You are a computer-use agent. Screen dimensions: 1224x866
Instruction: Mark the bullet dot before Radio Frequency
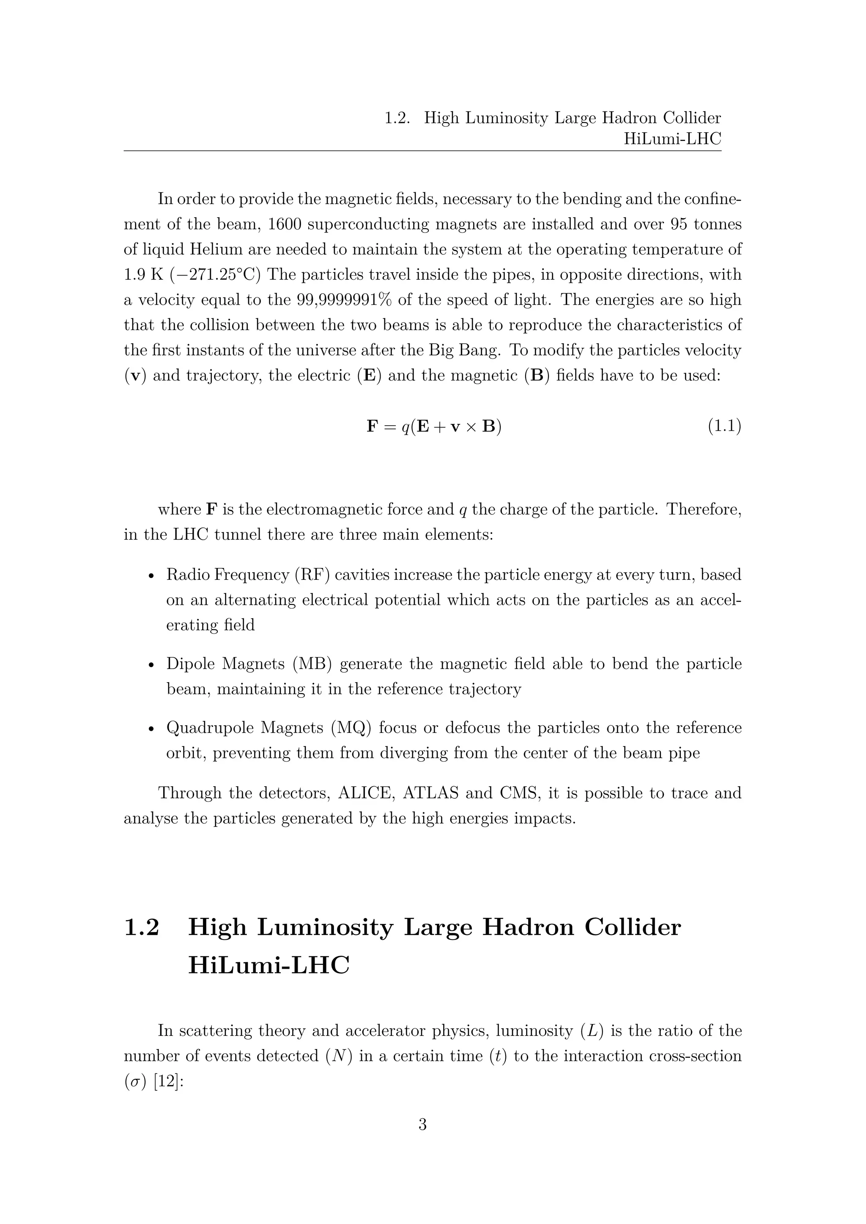pos(151,576)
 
